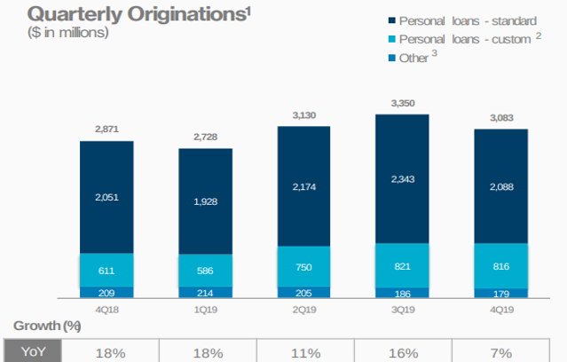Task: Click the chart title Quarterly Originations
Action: click(x=107, y=14)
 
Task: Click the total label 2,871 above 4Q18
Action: click(x=106, y=130)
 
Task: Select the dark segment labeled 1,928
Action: click(x=206, y=201)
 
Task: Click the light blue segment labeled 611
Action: click(x=106, y=270)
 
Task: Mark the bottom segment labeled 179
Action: click(x=501, y=293)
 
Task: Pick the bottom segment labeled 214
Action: click(x=206, y=292)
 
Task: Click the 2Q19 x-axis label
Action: click(x=304, y=310)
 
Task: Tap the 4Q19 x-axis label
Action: click(x=501, y=310)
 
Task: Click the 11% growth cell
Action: click(x=304, y=352)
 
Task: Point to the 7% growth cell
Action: click(x=501, y=352)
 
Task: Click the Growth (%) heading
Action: click(x=42, y=327)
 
